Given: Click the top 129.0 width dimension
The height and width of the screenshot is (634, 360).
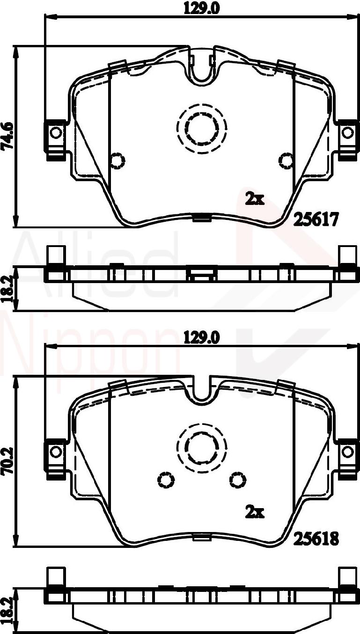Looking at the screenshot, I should (201, 7).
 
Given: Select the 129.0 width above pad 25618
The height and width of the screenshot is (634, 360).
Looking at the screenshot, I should (201, 337).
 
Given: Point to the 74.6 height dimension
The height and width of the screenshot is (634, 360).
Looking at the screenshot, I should (7, 137).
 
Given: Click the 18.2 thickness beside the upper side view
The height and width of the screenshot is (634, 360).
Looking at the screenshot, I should (7, 289).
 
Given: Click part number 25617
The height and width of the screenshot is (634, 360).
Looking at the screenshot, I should (316, 219).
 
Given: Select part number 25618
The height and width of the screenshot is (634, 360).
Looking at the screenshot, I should (316, 539).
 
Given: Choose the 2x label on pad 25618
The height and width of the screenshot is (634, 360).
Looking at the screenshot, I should (255, 512).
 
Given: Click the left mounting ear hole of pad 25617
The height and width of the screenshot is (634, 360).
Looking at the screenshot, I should (56, 133).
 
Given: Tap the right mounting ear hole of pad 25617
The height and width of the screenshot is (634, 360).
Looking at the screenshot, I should (347, 133).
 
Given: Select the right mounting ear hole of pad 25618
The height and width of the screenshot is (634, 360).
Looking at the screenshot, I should (347, 452).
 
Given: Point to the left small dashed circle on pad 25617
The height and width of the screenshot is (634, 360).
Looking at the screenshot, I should (117, 160).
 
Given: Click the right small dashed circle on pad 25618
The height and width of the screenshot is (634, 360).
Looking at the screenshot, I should (238, 480).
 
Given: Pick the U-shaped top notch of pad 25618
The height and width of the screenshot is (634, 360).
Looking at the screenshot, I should (202, 391).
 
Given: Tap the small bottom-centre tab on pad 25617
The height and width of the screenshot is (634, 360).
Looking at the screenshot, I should (201, 217).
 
